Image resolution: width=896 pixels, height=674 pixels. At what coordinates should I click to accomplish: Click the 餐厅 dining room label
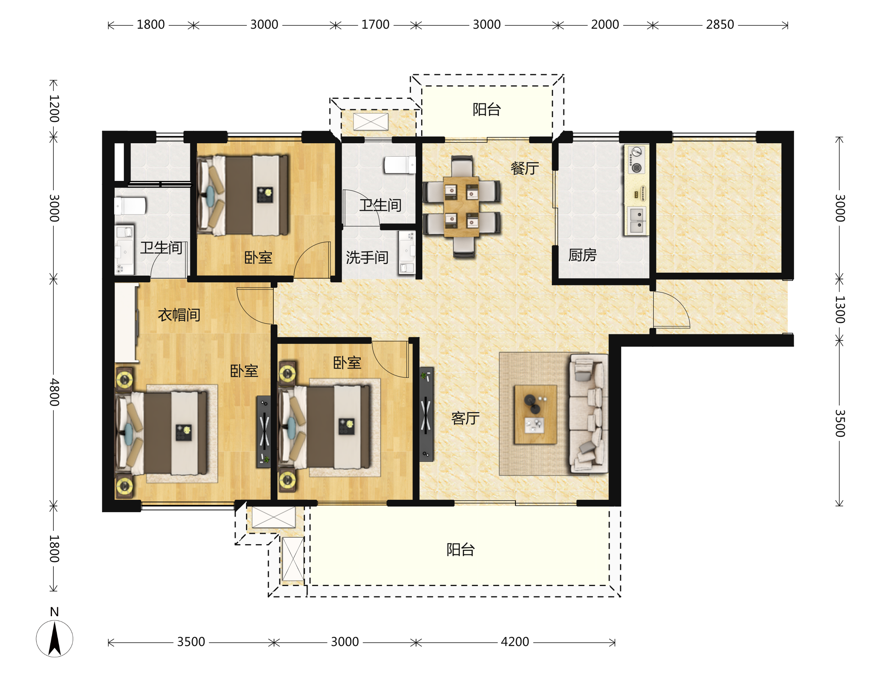pos(525,168)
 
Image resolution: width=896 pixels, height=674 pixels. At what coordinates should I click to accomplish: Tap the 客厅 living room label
pos(466,418)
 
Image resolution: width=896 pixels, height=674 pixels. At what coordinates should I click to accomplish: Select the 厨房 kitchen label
pos(582,255)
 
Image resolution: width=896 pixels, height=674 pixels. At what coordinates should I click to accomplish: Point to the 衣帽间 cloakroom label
pos(179,315)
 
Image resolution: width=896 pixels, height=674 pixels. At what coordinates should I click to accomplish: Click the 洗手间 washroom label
pos(367,257)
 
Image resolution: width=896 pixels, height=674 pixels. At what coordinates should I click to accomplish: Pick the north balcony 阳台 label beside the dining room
pos(486,109)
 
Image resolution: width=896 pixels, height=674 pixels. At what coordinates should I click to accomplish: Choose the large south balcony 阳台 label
pos(461,550)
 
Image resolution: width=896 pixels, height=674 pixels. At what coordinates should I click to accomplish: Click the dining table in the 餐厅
pos(461,206)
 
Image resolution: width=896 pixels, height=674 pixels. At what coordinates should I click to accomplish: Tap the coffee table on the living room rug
pos(535,414)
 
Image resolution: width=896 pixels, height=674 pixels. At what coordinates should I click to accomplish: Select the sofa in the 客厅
pos(588,414)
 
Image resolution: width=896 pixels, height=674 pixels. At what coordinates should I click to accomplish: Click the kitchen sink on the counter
pos(637,220)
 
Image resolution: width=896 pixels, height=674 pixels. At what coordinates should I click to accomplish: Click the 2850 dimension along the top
pos(720,25)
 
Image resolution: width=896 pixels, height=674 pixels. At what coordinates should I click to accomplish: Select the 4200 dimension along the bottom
pos(515,642)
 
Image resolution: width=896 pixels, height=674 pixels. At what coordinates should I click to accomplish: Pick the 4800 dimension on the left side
pos(54,392)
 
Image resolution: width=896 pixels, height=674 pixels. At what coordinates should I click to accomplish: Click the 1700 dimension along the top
pos(375,25)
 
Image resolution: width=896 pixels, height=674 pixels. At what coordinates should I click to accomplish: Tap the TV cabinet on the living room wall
pos(426,414)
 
